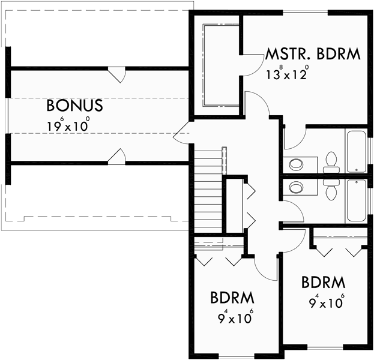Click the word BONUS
tap(75, 106)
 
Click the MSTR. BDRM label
tap(313, 55)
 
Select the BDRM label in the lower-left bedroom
tap(232, 298)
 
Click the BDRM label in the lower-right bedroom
tap(323, 282)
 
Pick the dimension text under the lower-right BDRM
tap(327, 301)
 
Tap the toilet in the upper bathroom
tap(331, 160)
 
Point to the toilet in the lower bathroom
tap(331, 188)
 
